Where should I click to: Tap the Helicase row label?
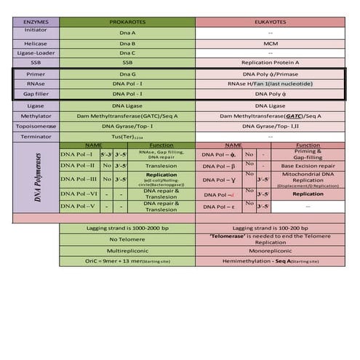click(36, 44)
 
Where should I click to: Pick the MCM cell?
click(271, 44)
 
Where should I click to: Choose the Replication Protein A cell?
click(271, 63)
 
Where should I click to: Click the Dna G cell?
click(127, 74)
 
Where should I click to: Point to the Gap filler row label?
click(36, 95)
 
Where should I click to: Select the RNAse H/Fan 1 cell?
click(271, 84)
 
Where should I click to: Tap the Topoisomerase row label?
click(36, 126)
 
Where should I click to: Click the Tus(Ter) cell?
click(127, 136)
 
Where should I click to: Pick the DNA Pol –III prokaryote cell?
click(80, 178)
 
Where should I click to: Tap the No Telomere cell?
click(127, 239)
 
